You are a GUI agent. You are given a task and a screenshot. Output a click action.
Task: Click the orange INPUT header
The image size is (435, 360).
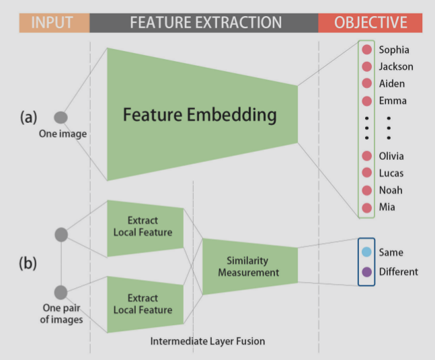(x=52, y=22)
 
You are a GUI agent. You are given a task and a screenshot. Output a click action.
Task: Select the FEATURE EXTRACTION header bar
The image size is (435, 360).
(x=206, y=22)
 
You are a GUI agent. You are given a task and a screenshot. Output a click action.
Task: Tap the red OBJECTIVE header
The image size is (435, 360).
(x=370, y=22)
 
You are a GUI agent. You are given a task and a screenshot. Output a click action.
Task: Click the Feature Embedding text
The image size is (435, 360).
(x=200, y=115)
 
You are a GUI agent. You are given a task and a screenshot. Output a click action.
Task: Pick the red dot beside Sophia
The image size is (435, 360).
(x=366, y=50)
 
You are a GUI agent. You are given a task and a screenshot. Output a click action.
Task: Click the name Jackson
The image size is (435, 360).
(x=396, y=66)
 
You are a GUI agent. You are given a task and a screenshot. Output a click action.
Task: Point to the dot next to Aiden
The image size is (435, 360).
(x=366, y=83)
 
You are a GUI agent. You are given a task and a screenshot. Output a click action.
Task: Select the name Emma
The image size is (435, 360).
(x=393, y=101)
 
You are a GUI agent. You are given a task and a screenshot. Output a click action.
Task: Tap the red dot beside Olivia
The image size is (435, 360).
(x=366, y=156)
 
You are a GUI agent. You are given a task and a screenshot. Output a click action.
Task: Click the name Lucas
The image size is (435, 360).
(x=391, y=173)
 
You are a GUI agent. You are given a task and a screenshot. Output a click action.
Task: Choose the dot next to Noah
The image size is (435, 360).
(x=366, y=190)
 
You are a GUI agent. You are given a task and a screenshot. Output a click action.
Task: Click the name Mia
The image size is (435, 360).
(x=387, y=207)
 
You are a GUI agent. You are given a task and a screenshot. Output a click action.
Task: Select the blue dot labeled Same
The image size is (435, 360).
(x=366, y=253)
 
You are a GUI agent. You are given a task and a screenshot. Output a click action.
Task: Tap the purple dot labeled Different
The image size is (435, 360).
(x=366, y=272)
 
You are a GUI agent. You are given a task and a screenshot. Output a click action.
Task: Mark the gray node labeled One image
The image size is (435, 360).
(x=61, y=118)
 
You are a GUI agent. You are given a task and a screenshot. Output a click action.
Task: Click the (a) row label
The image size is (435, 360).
(x=28, y=118)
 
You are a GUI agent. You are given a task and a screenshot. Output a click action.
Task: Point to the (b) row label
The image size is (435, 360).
(x=28, y=263)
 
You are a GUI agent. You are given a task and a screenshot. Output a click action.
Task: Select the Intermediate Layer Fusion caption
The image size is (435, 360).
(x=207, y=341)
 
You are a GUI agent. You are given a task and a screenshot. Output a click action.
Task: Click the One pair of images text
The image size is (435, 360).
(x=63, y=314)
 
